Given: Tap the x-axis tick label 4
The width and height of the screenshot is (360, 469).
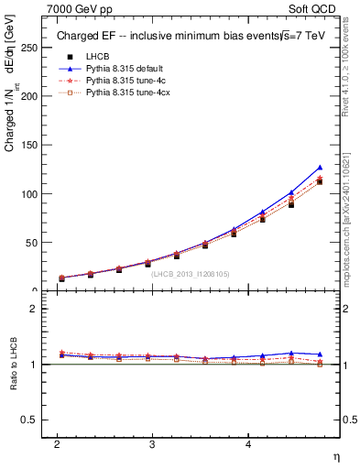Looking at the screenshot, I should [x=248, y=443].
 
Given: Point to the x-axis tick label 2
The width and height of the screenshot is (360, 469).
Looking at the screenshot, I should [x=57, y=443].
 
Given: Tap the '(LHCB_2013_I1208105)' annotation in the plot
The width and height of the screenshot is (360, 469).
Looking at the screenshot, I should [x=191, y=274].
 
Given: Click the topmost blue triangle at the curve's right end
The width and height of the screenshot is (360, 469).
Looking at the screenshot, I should [x=320, y=168].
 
